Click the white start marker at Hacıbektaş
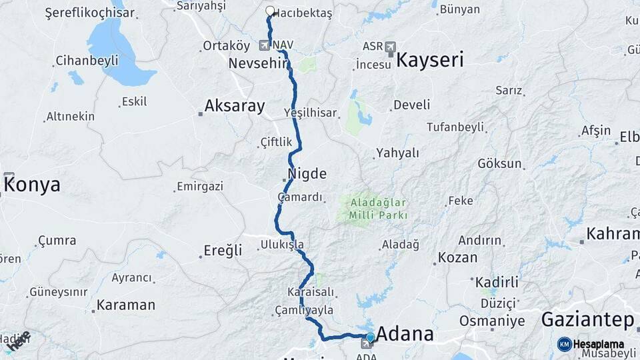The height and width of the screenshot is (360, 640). (270, 11)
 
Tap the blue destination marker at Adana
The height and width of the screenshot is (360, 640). (370, 337)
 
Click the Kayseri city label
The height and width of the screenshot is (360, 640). (429, 61)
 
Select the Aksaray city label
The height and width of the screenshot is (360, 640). (235, 106)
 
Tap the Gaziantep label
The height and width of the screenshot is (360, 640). (587, 320)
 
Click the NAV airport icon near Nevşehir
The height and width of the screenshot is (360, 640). (265, 45)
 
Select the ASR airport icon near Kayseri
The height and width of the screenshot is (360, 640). (390, 47)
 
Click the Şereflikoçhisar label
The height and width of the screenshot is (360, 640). (89, 13)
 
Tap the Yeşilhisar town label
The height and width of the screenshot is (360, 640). (310, 113)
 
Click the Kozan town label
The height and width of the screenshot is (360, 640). (458, 257)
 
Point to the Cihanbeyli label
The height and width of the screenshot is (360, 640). (87, 61)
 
